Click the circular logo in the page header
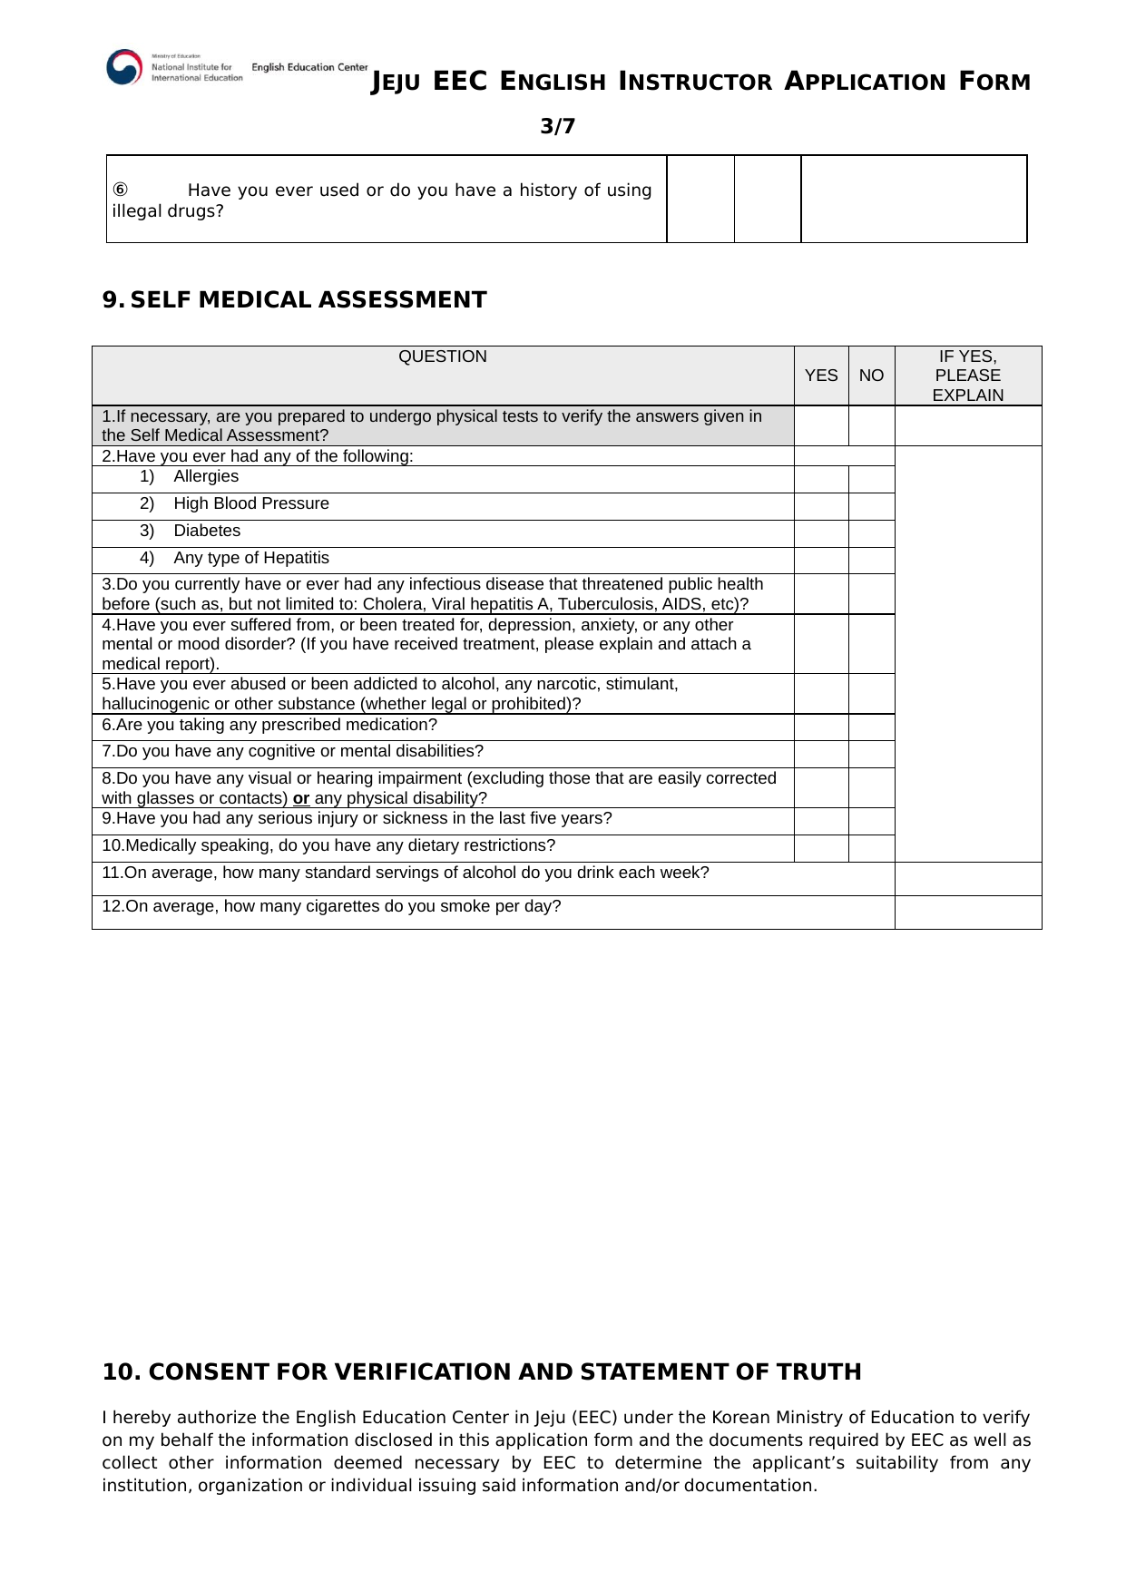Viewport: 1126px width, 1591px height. click(x=124, y=67)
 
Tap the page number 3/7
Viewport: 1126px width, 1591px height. click(x=557, y=126)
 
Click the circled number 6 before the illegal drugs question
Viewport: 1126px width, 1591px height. click(x=120, y=190)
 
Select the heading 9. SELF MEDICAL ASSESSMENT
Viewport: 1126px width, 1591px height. click(x=295, y=300)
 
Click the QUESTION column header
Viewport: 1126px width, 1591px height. click(x=443, y=356)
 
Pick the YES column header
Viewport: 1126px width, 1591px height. click(x=821, y=376)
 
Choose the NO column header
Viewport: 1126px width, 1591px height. click(x=871, y=376)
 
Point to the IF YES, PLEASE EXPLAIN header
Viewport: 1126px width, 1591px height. click(x=967, y=376)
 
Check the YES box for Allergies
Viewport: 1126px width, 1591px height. click(x=821, y=479)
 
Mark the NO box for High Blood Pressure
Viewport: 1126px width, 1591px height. click(x=871, y=506)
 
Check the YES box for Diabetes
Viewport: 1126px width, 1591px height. click(x=821, y=533)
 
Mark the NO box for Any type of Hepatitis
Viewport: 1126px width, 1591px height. click(x=871, y=561)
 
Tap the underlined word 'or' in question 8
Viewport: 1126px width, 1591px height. click(x=301, y=798)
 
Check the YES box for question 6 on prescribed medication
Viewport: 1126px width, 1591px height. click(x=821, y=727)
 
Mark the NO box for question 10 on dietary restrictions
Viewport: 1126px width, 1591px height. click(x=871, y=848)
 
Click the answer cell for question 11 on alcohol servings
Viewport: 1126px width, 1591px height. click(x=967, y=878)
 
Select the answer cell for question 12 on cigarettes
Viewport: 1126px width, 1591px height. click(x=967, y=912)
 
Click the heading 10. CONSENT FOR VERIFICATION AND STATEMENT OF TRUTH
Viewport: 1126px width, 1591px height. click(x=482, y=1371)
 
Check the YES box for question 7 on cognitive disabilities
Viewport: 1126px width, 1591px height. click(x=821, y=754)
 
